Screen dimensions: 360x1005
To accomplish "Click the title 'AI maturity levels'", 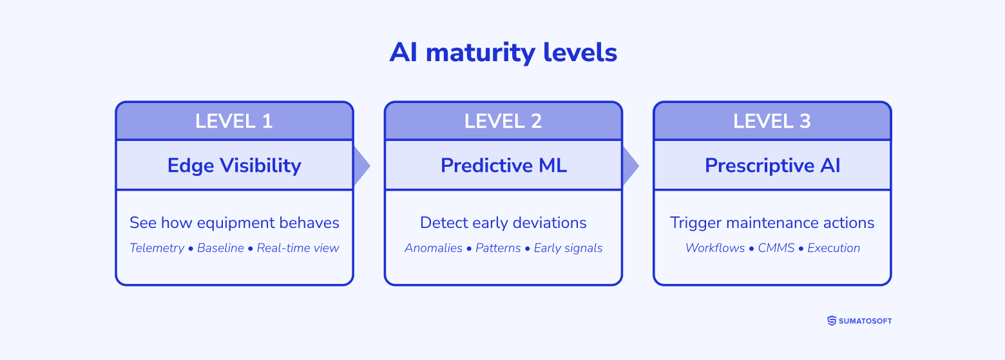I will (x=503, y=53).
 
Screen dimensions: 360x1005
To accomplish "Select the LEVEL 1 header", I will (x=235, y=121).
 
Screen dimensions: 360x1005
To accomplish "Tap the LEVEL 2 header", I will (x=503, y=121).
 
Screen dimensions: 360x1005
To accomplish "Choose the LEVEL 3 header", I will (x=772, y=121).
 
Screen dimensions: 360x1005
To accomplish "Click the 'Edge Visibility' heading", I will (x=235, y=166).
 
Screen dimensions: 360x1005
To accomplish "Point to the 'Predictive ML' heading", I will (x=503, y=166).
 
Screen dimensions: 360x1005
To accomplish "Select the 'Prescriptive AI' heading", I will (x=772, y=166).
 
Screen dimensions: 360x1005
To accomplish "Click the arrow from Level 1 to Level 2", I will (x=361, y=166).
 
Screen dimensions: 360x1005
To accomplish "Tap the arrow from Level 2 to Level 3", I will (x=630, y=166).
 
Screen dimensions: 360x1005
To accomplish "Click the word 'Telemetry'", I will (x=157, y=248).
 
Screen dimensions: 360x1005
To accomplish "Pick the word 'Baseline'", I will (x=220, y=248).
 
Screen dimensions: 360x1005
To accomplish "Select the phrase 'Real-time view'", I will (x=298, y=248).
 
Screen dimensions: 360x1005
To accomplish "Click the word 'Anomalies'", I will (x=433, y=248).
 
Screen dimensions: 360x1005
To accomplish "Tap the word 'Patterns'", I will (x=498, y=248).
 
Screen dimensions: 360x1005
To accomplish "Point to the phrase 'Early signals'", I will (x=568, y=248).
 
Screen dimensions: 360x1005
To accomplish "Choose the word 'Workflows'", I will (x=714, y=248).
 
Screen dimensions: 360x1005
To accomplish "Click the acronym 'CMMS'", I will (x=776, y=248).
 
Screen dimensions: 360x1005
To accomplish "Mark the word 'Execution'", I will (x=834, y=248).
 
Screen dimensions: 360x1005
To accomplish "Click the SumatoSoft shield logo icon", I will (x=831, y=321).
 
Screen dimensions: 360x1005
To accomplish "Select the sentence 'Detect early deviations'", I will (x=503, y=223).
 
